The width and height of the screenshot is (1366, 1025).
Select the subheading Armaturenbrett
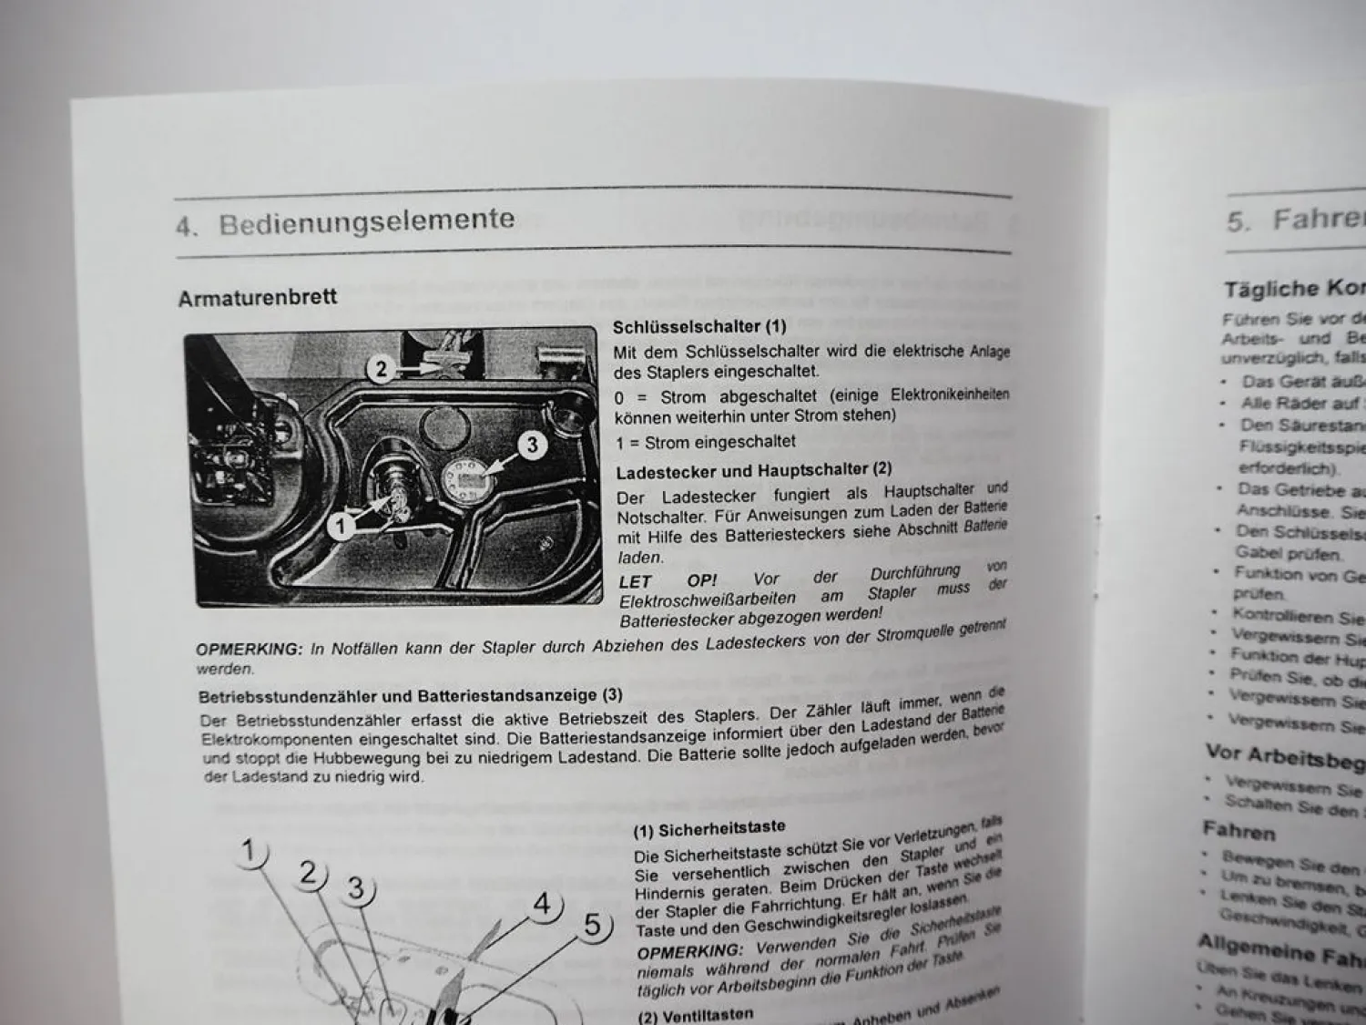point(258,298)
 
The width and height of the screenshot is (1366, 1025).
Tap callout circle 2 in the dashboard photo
point(382,369)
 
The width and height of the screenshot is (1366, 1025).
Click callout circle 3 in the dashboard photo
point(532,445)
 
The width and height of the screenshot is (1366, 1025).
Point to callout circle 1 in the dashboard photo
point(341,526)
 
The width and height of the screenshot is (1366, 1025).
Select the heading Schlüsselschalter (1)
point(698,326)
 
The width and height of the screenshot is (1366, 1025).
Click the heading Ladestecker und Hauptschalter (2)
point(753,471)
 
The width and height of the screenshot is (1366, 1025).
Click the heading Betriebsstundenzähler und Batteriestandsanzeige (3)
point(411,696)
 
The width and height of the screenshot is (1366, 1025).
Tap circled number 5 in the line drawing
point(593,926)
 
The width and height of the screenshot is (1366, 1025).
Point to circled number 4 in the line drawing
point(542,905)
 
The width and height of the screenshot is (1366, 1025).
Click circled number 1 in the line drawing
point(248,852)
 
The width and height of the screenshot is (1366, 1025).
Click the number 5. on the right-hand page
point(1239,221)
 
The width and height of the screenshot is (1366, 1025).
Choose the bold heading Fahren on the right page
point(1239,831)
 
